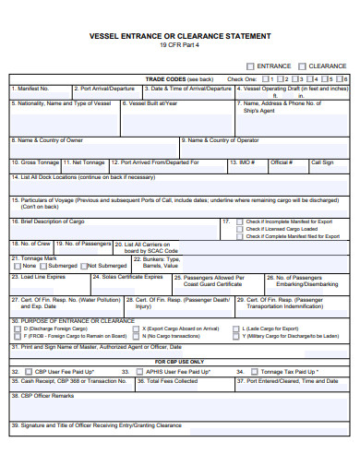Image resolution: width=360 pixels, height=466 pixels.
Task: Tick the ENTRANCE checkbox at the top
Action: point(251,66)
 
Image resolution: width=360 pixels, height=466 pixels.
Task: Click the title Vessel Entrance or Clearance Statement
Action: point(180,35)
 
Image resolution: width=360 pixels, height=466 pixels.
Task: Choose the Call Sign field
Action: point(322,166)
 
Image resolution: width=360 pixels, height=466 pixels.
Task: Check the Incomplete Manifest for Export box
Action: point(240,222)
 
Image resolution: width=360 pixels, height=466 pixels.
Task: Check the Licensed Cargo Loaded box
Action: point(240,229)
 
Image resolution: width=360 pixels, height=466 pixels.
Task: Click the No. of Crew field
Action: point(30,248)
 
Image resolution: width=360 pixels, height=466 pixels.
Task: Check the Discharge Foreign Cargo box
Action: point(16,329)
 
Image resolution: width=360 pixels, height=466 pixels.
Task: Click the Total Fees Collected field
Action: point(175,383)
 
